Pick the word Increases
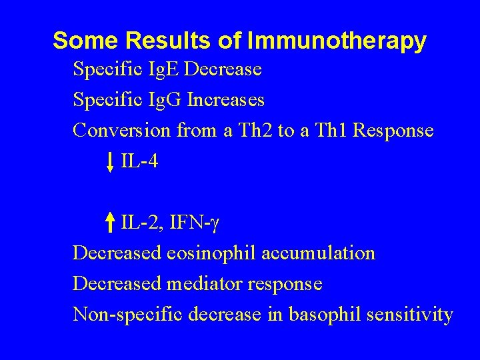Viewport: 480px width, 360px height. point(226,100)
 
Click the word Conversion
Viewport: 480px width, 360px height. point(121,131)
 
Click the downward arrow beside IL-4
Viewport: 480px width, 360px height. point(111,161)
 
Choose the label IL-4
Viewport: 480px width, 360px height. point(139,161)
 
